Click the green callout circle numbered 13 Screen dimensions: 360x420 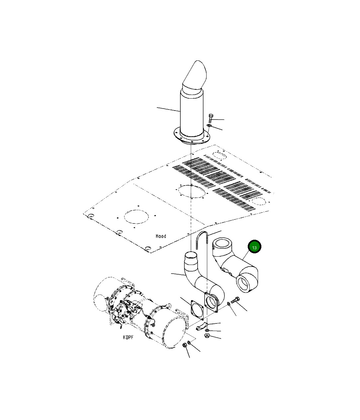[254, 246]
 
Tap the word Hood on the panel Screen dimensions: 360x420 [161, 236]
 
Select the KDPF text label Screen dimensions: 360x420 [128, 337]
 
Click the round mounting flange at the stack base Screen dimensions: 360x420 [192, 136]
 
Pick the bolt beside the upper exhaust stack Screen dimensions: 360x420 [211, 118]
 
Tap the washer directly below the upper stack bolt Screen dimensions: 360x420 [209, 126]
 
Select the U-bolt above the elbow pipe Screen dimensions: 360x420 [202, 240]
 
